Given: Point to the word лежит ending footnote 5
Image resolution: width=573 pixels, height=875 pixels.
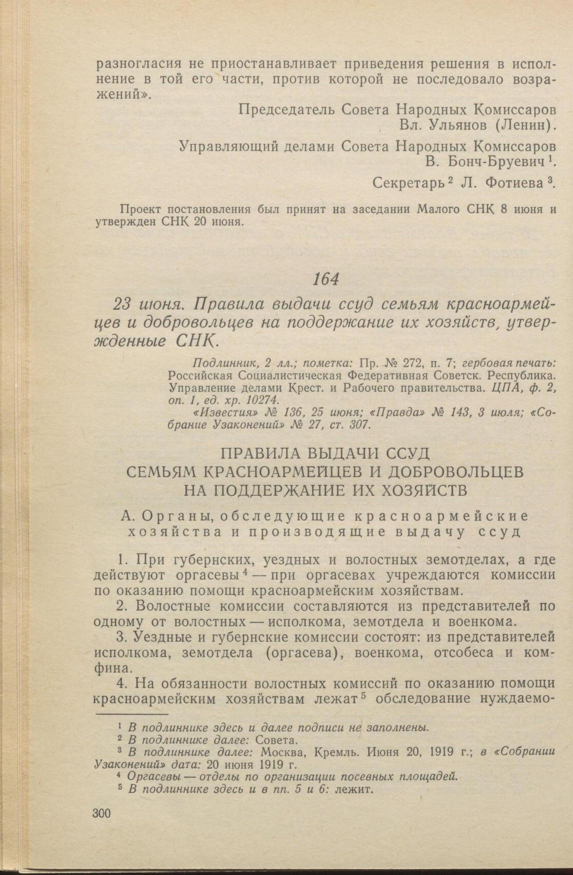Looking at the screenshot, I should pos(355,789).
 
